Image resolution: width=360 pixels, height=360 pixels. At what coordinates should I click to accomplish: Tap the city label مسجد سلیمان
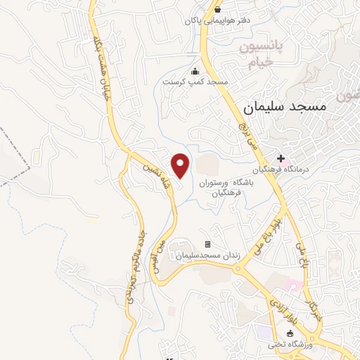point(285,108)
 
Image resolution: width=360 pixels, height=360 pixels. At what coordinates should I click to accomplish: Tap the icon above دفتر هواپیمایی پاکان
point(218,9)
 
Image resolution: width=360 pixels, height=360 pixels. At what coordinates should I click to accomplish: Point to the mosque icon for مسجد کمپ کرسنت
point(195,70)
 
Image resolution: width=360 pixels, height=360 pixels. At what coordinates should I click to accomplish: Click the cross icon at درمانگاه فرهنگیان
point(281,159)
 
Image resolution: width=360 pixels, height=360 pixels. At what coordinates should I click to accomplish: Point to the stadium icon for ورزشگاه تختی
point(289,333)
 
